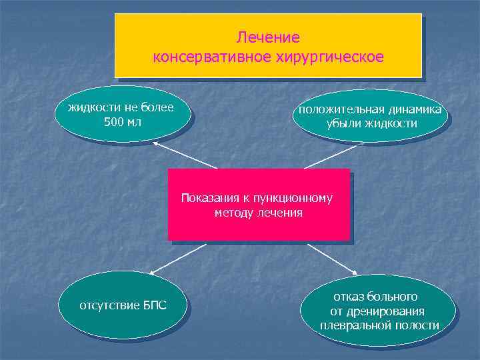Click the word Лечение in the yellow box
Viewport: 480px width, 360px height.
pos(268,37)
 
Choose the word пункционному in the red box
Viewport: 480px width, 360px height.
pos(299,198)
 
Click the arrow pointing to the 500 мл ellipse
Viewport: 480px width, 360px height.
pos(185,155)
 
